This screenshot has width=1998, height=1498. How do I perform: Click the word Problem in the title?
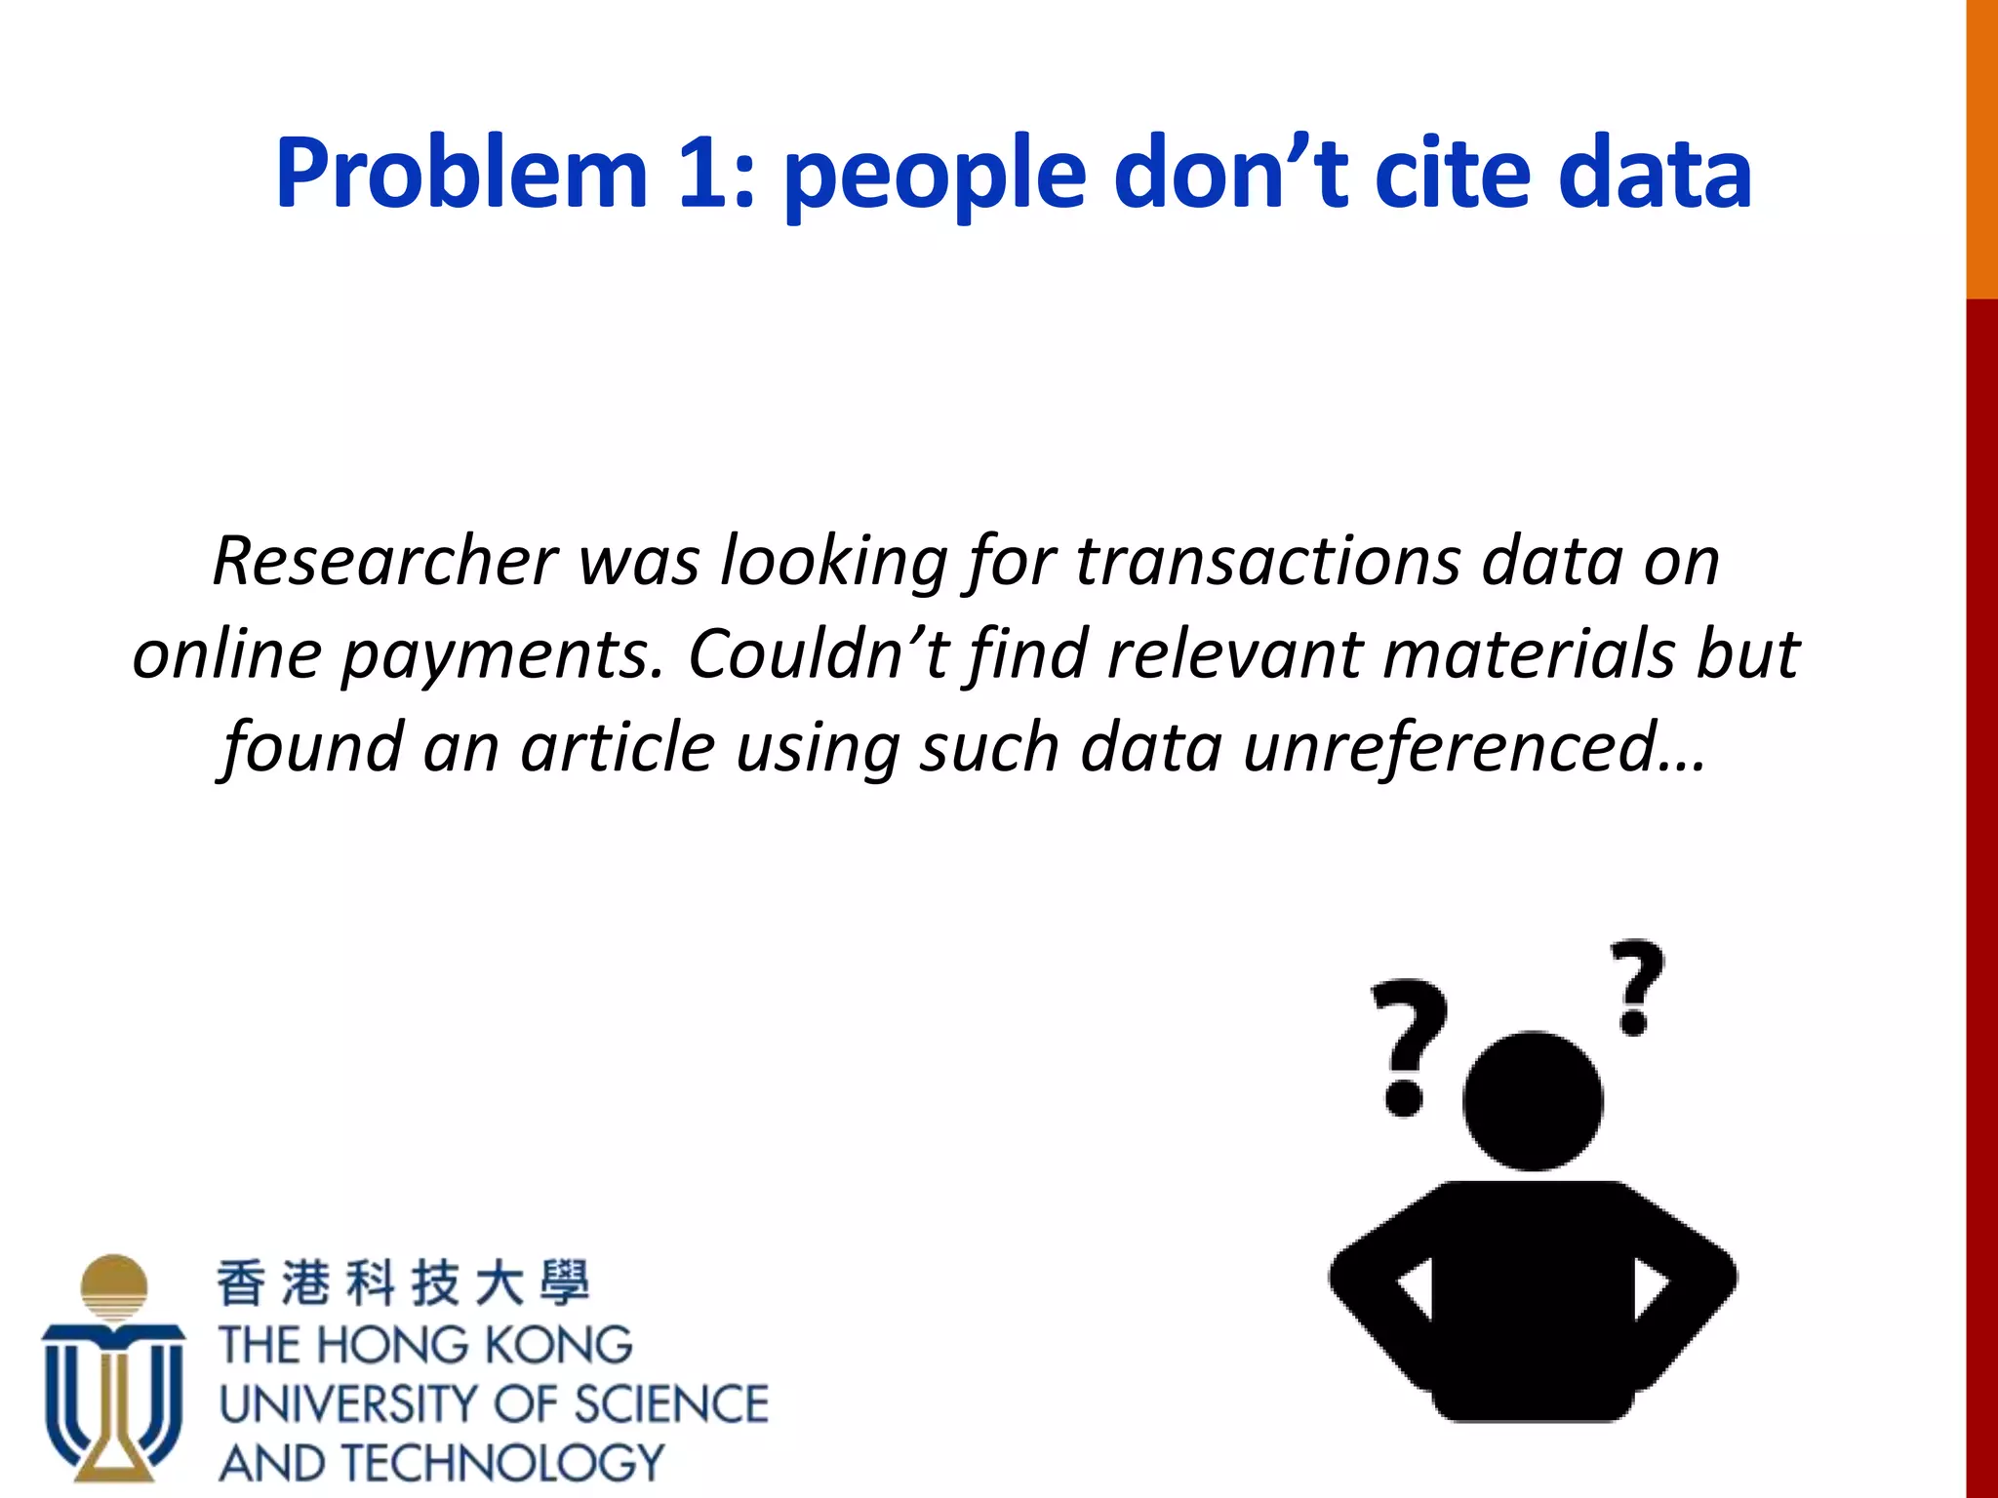461,175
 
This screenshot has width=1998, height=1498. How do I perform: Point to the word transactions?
1266,562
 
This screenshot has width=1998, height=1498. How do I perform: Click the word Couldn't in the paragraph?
818,653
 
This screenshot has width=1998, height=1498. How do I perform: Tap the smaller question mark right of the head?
1636,986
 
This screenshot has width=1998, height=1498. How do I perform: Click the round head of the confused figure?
1533,1101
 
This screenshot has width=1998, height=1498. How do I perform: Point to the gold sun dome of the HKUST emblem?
114,1283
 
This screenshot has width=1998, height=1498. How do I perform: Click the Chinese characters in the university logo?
403,1282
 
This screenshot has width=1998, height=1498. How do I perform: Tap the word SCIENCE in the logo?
671,1404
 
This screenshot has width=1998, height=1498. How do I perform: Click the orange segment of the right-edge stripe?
1981,146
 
